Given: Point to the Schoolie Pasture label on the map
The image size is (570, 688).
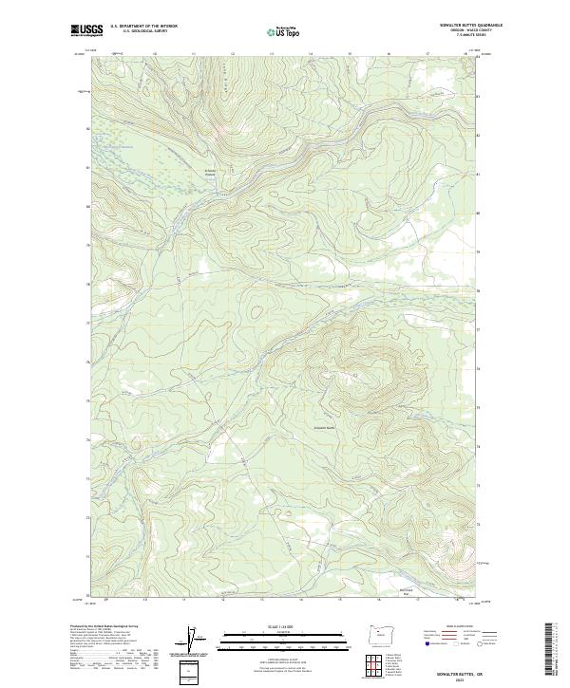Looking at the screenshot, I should (212, 173).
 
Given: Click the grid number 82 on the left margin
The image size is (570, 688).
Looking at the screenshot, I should (88, 128).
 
